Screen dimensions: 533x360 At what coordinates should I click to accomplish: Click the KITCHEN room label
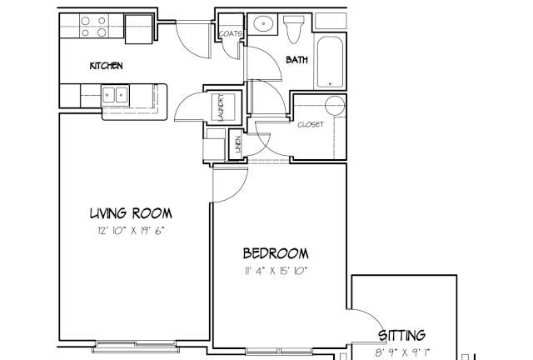[x=106, y=66]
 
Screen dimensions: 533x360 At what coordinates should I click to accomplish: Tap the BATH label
[x=296, y=60]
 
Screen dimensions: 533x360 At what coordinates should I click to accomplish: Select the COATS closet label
[x=231, y=33]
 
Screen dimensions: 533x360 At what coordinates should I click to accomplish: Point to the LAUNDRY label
[x=221, y=107]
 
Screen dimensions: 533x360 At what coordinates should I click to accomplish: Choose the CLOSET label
[x=311, y=124]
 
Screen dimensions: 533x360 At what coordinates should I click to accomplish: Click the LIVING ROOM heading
[x=131, y=213]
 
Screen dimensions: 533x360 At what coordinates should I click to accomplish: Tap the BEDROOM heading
[x=276, y=253]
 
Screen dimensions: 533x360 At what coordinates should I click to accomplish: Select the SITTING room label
[x=401, y=335]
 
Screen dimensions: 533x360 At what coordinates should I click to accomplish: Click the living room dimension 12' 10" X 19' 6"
[x=132, y=231]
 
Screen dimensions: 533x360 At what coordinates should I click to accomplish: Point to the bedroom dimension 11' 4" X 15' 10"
[x=276, y=271]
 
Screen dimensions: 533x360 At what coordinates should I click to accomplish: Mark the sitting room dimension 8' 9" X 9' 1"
[x=402, y=352]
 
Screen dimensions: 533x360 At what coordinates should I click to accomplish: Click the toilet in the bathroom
[x=294, y=29]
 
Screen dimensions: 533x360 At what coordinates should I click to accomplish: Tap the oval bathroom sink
[x=263, y=24]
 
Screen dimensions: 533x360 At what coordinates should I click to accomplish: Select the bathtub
[x=330, y=62]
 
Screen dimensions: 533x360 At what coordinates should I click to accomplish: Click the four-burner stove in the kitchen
[x=94, y=26]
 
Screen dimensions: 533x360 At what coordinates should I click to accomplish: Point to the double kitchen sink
[x=115, y=95]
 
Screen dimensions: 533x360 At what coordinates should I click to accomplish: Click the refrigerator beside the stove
[x=139, y=29]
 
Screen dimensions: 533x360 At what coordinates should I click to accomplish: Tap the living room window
[x=136, y=346]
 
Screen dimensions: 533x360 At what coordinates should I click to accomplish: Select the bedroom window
[x=279, y=351]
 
